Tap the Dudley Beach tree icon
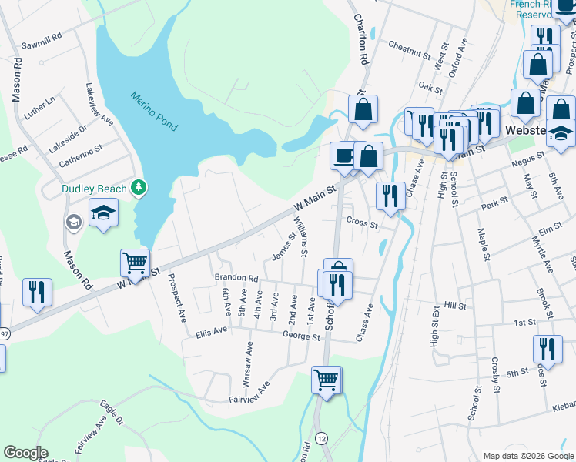point(139,187)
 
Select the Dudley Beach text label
point(96,189)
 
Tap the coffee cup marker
point(343,156)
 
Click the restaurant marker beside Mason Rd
point(37,292)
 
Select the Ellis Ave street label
point(212,332)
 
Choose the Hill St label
point(456,306)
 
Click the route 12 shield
point(322,438)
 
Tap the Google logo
point(25,453)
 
